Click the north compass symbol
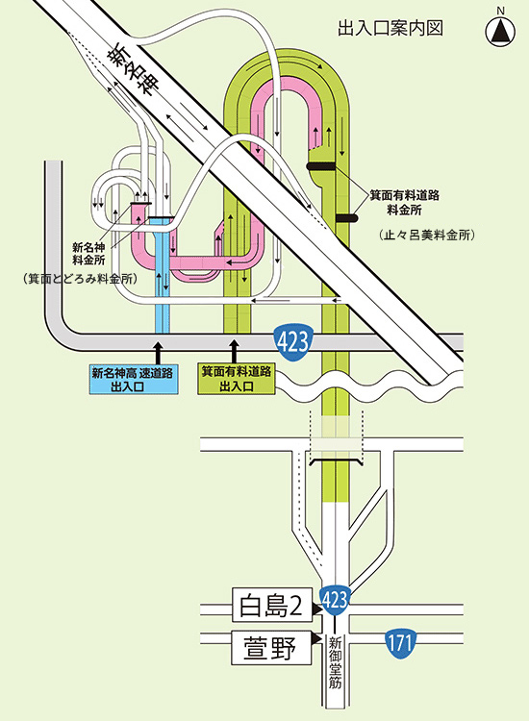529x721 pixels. (500, 32)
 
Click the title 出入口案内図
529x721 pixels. (390, 29)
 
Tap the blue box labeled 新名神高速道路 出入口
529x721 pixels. (133, 379)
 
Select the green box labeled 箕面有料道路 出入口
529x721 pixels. (237, 379)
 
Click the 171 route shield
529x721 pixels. (400, 641)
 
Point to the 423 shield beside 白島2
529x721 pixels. (335, 600)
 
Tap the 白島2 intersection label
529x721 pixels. (272, 605)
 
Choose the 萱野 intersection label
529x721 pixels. (271, 647)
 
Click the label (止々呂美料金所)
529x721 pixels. (426, 235)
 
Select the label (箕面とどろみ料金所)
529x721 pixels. (80, 279)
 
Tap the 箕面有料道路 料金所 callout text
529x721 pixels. (405, 203)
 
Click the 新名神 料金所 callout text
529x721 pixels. (88, 254)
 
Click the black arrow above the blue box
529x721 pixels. (158, 352)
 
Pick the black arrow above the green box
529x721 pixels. (235, 352)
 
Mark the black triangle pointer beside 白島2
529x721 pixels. (317, 609)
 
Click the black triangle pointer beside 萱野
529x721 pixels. (316, 639)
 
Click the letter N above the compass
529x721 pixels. (500, 11)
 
